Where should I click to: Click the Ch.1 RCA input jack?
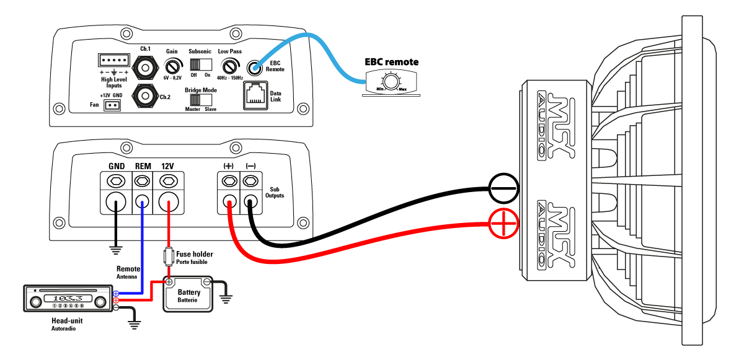(x=145, y=68)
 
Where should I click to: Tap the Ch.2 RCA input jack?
(x=145, y=96)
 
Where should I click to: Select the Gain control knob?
(x=173, y=67)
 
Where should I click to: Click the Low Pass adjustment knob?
(x=229, y=67)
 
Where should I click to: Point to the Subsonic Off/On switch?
(x=201, y=64)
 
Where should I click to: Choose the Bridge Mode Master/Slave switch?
(x=201, y=100)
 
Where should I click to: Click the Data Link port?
(x=255, y=95)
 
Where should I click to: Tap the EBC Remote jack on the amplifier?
(x=254, y=68)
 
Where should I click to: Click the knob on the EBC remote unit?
(x=391, y=82)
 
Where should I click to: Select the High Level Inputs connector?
(x=114, y=60)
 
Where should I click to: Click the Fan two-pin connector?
(x=112, y=105)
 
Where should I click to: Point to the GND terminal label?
(x=117, y=166)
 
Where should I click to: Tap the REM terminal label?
(x=143, y=166)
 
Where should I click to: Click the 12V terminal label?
(x=167, y=166)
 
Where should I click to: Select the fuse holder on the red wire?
(x=169, y=256)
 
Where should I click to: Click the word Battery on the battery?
(x=189, y=292)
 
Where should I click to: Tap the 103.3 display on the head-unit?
(x=68, y=298)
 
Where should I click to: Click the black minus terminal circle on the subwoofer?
(x=503, y=188)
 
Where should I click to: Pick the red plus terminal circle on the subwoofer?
(x=503, y=224)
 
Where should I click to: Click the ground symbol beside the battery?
(x=226, y=300)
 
